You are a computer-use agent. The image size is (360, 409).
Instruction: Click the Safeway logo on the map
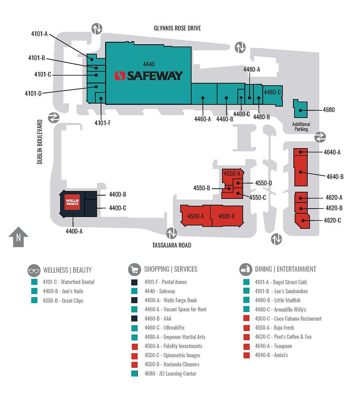(149, 76)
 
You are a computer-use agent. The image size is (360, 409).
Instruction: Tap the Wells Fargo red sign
(72, 202)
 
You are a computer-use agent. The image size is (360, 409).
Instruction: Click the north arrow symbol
(18, 237)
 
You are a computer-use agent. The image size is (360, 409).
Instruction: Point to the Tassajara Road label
(171, 245)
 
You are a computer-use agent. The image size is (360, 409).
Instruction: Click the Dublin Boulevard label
(40, 142)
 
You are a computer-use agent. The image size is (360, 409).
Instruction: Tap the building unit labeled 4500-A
(195, 216)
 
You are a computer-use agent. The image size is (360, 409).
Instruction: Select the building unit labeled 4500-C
(227, 216)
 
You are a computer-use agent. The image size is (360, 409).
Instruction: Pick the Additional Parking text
(301, 126)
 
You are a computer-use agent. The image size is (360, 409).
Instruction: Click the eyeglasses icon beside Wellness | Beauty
(33, 270)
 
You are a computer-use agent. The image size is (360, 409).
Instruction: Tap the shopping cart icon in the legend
(134, 269)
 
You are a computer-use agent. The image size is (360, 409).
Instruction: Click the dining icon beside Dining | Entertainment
(246, 269)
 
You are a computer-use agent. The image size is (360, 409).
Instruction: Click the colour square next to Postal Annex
(135, 282)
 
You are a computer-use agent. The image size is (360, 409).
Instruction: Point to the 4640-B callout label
(335, 177)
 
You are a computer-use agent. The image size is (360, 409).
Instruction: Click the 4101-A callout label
(39, 34)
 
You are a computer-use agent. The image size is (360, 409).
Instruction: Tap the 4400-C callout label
(117, 208)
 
